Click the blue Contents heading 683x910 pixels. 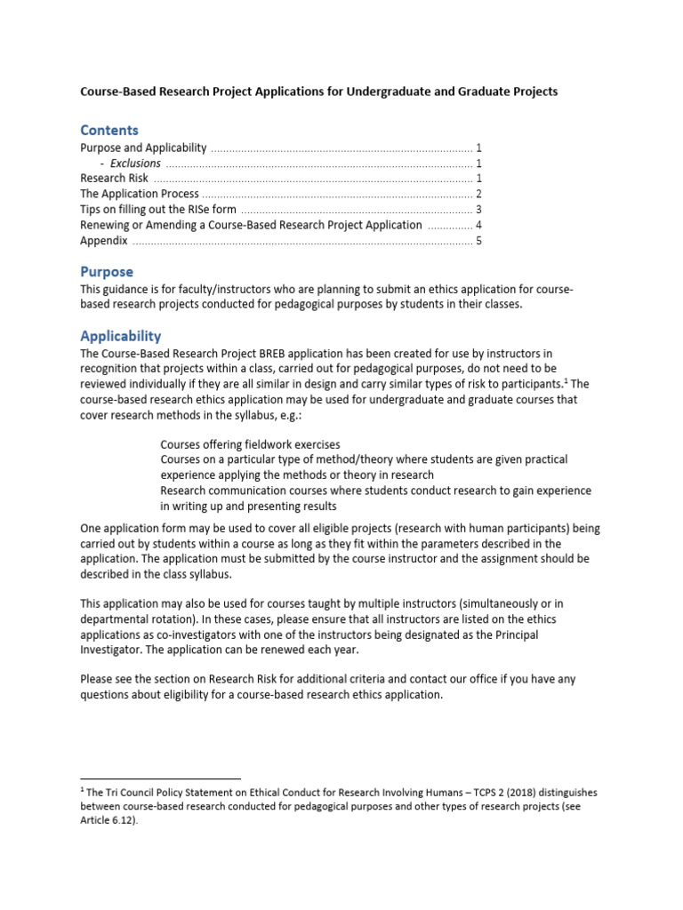tap(109, 130)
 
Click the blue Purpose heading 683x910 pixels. tap(107, 272)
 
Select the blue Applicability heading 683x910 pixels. tap(121, 336)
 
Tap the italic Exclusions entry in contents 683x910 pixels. tap(135, 164)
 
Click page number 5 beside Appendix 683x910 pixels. tap(478, 241)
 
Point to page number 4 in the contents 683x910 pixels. tap(478, 226)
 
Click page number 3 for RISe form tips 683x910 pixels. tap(478, 210)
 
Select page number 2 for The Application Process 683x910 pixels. tap(478, 195)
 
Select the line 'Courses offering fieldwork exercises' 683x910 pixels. tap(250, 444)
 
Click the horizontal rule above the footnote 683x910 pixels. tap(160, 778)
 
